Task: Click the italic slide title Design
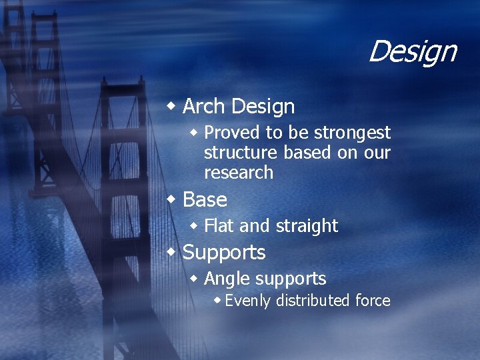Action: click(x=412, y=51)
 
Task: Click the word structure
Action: click(x=241, y=153)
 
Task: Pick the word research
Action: click(x=239, y=173)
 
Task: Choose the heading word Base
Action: click(x=205, y=199)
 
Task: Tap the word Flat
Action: click(x=219, y=226)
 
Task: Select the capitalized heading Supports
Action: click(x=224, y=253)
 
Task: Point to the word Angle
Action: click(x=226, y=279)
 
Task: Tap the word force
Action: click(x=373, y=301)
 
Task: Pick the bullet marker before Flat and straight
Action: click(x=195, y=225)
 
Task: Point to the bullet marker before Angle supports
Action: click(x=195, y=278)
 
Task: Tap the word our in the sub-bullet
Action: click(x=377, y=153)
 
